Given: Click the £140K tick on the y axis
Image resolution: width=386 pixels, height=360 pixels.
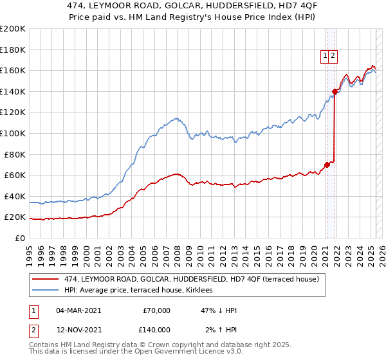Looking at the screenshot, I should pos(12,91).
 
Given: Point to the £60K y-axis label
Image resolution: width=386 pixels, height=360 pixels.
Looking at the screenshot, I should pos(14,175).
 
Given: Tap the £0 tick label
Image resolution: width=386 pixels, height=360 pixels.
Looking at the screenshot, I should pos(19,238).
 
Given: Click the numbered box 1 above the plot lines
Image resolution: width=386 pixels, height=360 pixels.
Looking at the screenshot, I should pos(326,57).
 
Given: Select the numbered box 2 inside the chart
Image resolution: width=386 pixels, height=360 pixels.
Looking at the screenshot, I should pos(333,57).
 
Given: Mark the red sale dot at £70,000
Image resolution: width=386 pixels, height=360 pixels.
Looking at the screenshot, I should pos(327,165).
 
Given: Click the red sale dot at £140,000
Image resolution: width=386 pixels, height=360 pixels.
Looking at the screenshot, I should pos(335,91).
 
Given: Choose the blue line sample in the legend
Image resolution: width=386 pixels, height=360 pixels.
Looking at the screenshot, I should pos(45,290).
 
